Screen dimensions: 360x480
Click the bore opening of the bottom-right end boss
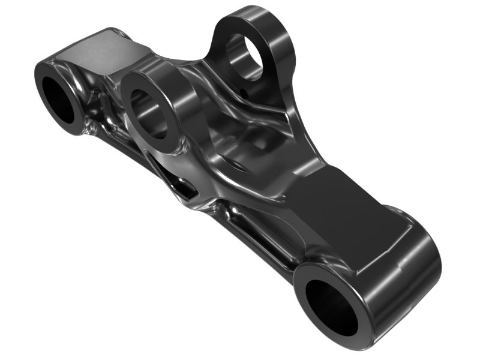[332, 307]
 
